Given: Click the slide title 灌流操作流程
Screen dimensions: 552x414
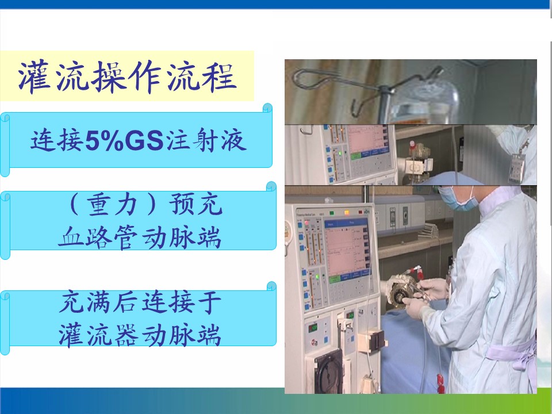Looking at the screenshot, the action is [128, 76].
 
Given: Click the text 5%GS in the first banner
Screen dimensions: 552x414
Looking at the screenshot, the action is [124, 140].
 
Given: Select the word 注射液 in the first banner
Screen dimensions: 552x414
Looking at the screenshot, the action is [206, 140].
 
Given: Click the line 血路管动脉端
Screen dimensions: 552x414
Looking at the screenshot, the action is [140, 237].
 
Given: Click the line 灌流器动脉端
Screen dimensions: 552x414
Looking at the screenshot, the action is [140, 335].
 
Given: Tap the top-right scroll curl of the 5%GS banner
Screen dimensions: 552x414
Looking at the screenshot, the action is [267, 108].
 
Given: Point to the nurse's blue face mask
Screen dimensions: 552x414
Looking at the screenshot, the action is [458, 200].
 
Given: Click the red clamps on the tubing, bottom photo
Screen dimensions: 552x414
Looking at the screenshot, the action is [440, 383].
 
